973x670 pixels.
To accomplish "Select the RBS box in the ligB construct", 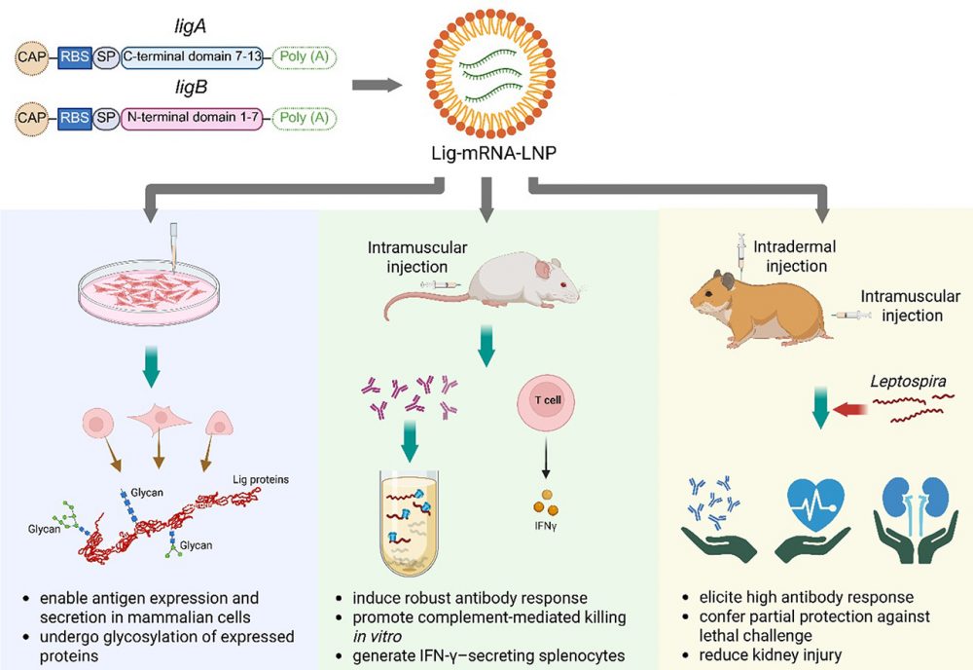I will (74, 119).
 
